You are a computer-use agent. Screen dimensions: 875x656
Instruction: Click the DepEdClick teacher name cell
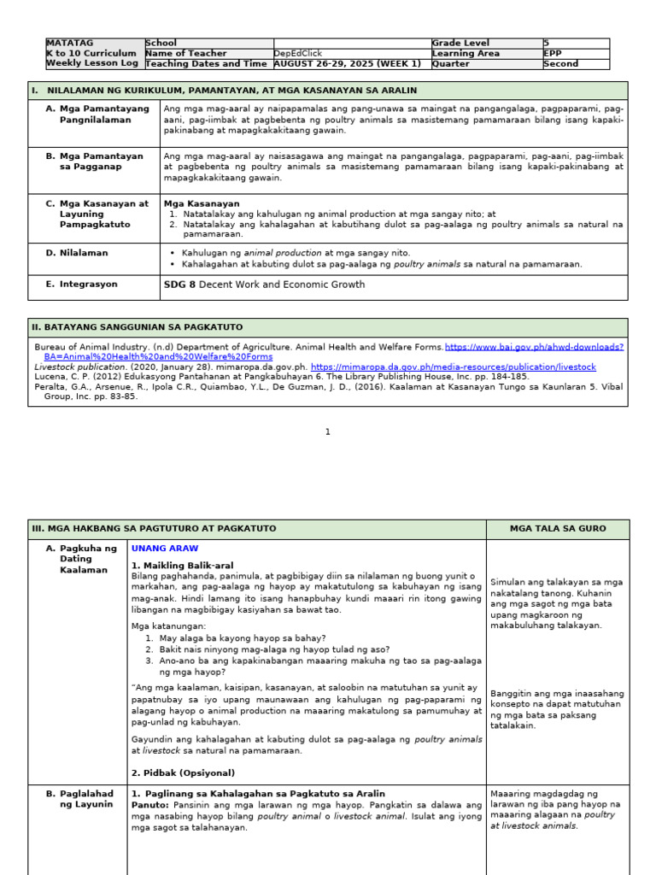click(x=298, y=53)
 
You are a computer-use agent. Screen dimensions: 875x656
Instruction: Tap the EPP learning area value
click(x=553, y=53)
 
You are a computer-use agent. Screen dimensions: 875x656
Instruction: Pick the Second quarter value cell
click(x=560, y=63)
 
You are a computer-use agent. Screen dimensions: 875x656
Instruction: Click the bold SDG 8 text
click(x=179, y=285)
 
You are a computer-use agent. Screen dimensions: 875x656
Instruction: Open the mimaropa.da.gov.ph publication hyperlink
click(x=454, y=367)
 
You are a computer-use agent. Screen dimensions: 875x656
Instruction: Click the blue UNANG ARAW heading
click(x=165, y=548)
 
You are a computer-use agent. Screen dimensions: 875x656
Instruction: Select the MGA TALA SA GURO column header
click(x=558, y=529)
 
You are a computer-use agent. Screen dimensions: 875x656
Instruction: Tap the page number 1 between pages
click(x=327, y=432)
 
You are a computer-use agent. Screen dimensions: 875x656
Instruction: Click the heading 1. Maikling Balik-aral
click(x=182, y=566)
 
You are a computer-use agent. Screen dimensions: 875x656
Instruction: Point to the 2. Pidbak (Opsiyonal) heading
click(x=183, y=772)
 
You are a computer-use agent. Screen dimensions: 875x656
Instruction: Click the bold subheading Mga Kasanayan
click(x=202, y=204)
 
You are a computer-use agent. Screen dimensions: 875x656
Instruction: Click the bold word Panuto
click(x=149, y=805)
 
